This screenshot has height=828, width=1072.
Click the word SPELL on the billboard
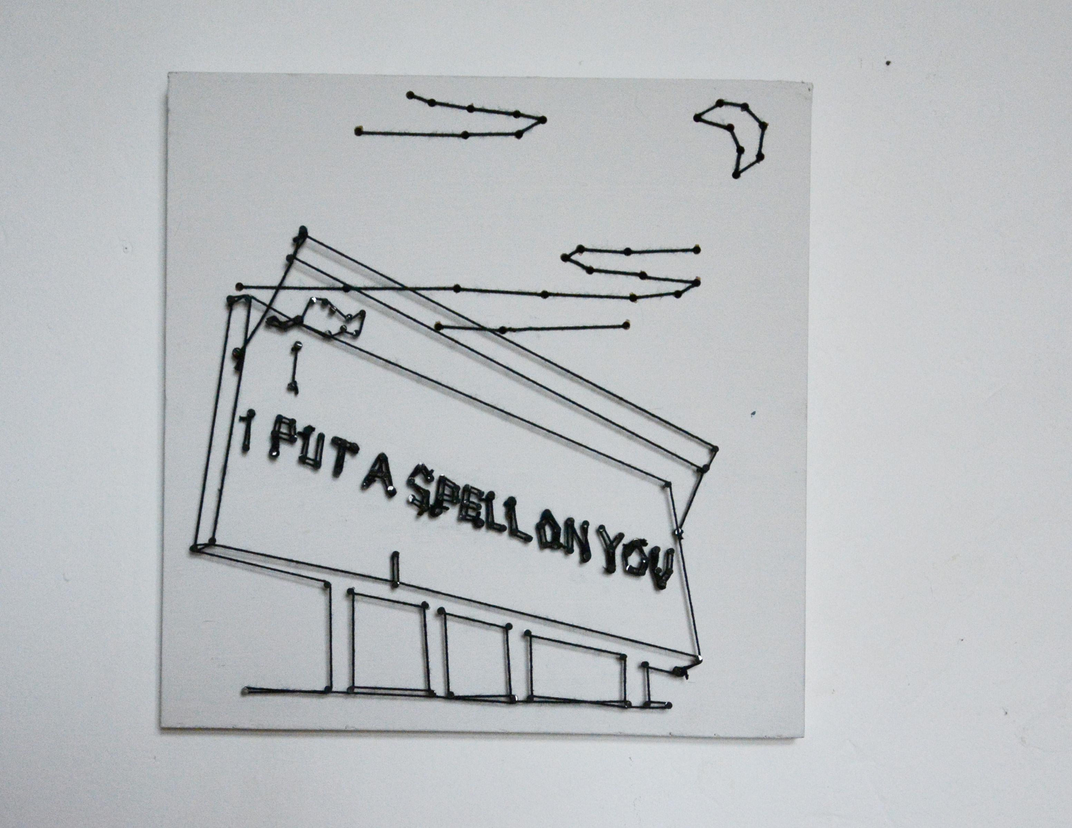[470, 513]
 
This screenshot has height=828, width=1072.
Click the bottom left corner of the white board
[161, 727]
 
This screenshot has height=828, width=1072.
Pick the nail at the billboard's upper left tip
[303, 229]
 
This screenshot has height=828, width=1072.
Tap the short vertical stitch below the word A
[395, 569]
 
